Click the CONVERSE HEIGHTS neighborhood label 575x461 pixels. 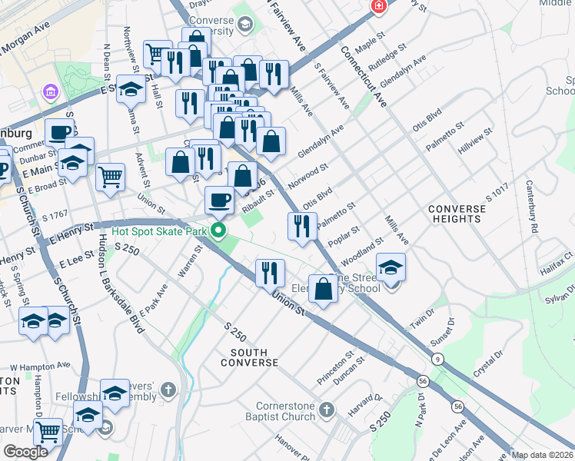click(457, 214)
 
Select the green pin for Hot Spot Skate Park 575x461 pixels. click(220, 230)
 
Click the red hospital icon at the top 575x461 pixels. click(378, 7)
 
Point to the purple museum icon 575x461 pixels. click(52, 92)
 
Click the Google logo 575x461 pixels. click(25, 452)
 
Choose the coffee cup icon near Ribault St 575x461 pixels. click(219, 201)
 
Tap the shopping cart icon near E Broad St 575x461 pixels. click(111, 176)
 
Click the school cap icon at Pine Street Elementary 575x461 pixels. click(391, 267)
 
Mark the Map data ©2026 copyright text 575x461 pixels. click(543, 455)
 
